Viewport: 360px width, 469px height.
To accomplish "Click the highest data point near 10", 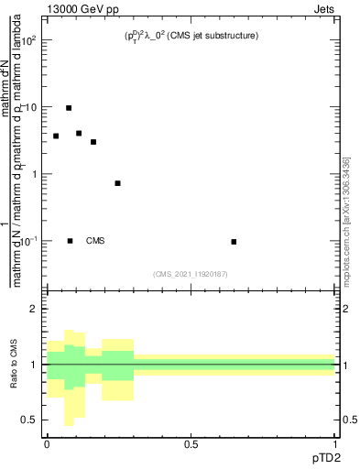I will coord(69,108).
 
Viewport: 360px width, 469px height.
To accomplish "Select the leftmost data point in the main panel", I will coord(56,136).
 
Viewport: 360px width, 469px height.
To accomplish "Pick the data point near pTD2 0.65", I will coord(234,242).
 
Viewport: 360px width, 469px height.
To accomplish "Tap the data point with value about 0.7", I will coord(118,183).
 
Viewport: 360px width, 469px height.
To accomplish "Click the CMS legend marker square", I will coord(71,241).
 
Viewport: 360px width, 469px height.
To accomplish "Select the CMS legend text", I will coord(95,241).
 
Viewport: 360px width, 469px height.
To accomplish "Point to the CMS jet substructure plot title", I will coord(191,36).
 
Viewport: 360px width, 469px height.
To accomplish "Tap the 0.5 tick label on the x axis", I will coord(191,444).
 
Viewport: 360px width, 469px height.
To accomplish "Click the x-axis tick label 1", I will coord(335,444).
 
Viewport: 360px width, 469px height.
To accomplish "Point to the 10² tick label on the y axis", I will coord(28,41).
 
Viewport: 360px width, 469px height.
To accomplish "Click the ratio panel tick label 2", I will coord(34,309).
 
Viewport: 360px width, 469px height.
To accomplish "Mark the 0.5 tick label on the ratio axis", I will coord(30,420).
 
